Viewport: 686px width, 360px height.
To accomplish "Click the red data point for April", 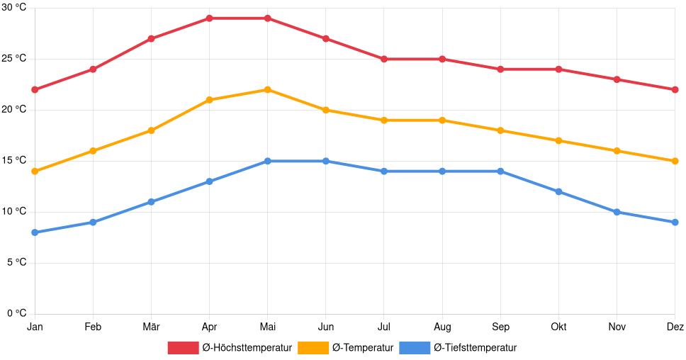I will click(x=209, y=18).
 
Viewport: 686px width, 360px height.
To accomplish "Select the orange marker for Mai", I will click(x=267, y=90).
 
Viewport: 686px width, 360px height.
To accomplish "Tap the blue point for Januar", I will click(x=35, y=232).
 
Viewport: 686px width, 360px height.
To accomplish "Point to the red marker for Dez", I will click(x=675, y=90).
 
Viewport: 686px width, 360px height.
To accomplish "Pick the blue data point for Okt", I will click(x=558, y=191).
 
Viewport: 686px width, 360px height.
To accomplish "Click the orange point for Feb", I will click(x=93, y=151).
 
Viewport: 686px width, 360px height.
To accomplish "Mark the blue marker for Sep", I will click(x=500, y=171).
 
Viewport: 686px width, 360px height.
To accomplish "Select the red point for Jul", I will click(x=384, y=59).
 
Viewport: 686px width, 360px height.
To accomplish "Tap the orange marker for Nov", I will click(x=617, y=151).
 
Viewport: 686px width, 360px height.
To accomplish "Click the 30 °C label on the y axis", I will click(x=13, y=8).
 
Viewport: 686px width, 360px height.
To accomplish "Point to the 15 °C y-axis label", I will click(x=13, y=161).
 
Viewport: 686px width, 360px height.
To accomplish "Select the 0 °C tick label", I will click(x=16, y=313).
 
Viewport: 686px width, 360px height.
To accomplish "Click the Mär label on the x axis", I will click(x=151, y=327).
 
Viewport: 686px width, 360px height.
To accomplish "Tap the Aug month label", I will click(x=442, y=327).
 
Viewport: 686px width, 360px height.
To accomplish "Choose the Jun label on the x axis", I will click(x=325, y=327).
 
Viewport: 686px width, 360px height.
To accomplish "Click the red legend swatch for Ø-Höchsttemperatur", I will click(x=183, y=347).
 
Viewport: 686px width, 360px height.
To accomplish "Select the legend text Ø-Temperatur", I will click(x=362, y=347).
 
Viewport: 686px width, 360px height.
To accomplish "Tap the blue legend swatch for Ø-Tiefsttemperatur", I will click(x=415, y=347).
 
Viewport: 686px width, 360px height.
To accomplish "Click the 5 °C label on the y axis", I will click(x=16, y=262).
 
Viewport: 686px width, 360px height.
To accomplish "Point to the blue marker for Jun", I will click(x=325, y=161).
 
